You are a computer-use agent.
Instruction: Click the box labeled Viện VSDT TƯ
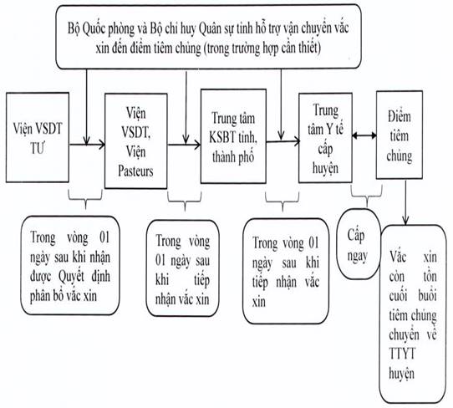pyautogui.click(x=38, y=138)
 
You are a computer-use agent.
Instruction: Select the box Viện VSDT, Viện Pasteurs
pyautogui.click(x=135, y=141)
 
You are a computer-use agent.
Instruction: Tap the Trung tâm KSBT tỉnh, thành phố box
pyautogui.click(x=233, y=136)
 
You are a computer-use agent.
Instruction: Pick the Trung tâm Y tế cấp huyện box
pyautogui.click(x=325, y=138)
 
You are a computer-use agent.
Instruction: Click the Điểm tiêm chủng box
pyautogui.click(x=400, y=135)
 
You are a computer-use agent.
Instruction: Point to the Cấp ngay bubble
pyautogui.click(x=359, y=244)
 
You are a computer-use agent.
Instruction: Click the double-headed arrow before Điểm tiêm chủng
pyautogui.click(x=364, y=135)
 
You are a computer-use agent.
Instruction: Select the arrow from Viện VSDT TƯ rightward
pyautogui.click(x=87, y=144)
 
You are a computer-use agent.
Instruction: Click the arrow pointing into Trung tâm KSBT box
pyautogui.click(x=184, y=145)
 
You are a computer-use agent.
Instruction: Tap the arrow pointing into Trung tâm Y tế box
pyautogui.click(x=283, y=141)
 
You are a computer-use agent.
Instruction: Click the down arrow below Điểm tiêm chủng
pyautogui.click(x=406, y=202)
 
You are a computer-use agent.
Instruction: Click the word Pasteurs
pyautogui.click(x=135, y=171)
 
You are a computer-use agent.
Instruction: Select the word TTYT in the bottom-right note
pyautogui.click(x=402, y=354)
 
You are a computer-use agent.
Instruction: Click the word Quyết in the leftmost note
pyautogui.click(x=71, y=277)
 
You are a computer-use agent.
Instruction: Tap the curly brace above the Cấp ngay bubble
pyautogui.click(x=367, y=193)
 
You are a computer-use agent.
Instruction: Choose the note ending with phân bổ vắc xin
pyautogui.click(x=70, y=265)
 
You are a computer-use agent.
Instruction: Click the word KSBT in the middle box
pyautogui.click(x=221, y=138)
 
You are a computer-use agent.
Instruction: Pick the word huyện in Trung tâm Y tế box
pyautogui.click(x=325, y=168)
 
